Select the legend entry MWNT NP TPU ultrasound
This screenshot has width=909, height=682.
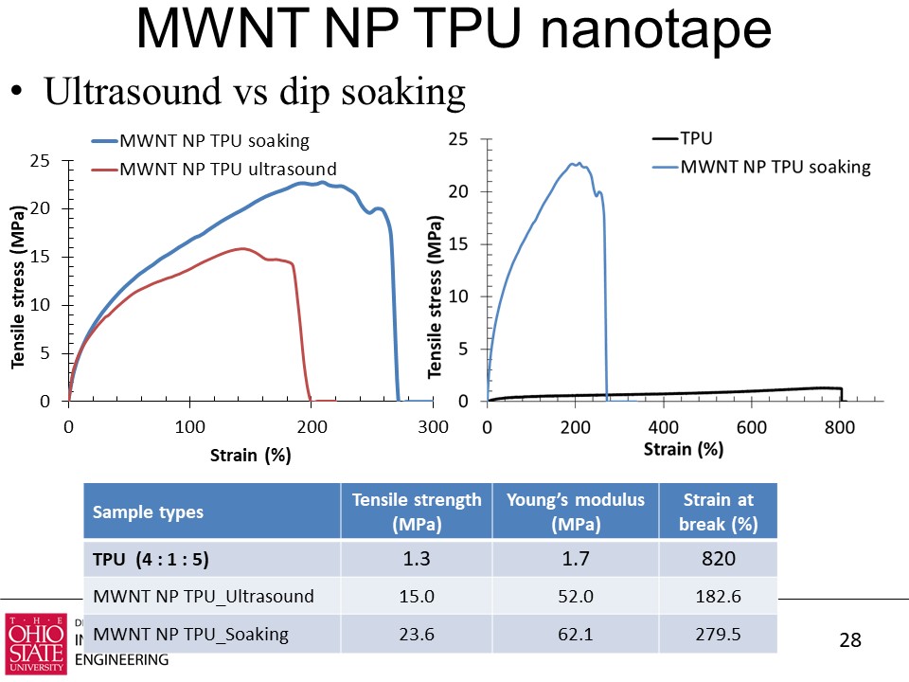[227, 170]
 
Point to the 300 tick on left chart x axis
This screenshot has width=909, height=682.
[433, 427]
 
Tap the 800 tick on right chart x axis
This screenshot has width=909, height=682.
[840, 427]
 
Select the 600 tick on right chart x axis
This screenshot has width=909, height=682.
[752, 427]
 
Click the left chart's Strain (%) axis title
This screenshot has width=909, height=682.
[250, 456]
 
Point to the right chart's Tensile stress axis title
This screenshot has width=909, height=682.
[436, 296]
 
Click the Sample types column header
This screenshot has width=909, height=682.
[148, 512]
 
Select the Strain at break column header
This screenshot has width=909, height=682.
[721, 511]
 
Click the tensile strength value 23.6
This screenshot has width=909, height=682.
[417, 634]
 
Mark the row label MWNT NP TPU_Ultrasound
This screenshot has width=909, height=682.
[203, 596]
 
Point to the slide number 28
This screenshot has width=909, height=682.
[850, 640]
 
